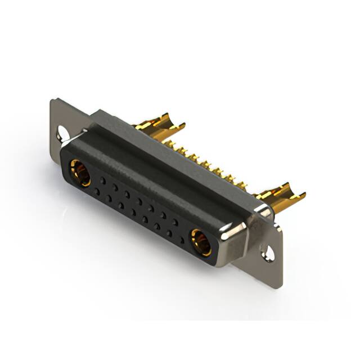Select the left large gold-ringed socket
pos(80,172)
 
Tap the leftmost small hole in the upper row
pos(102,179)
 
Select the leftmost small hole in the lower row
pos(97,192)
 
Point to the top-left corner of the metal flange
pos(52,101)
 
